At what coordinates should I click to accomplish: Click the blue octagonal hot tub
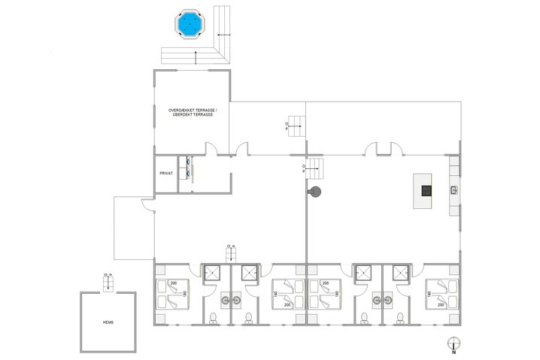[x=192, y=26]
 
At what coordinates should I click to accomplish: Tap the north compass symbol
[x=453, y=344]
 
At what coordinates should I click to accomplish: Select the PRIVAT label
[x=166, y=174]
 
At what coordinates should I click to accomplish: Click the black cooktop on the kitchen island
[x=426, y=191]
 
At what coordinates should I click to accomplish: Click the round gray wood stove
[x=315, y=191]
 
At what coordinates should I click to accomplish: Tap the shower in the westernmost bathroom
[x=213, y=274]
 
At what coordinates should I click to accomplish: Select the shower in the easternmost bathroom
[x=402, y=274]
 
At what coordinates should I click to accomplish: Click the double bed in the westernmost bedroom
[x=173, y=294]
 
